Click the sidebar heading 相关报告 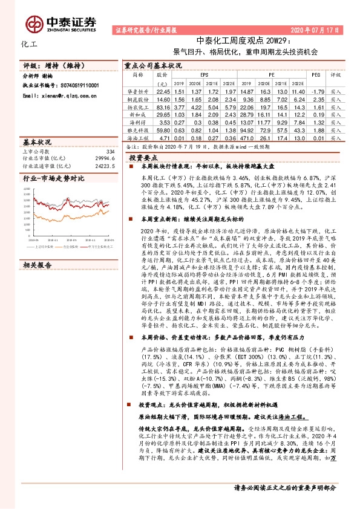(x=37, y=248)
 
